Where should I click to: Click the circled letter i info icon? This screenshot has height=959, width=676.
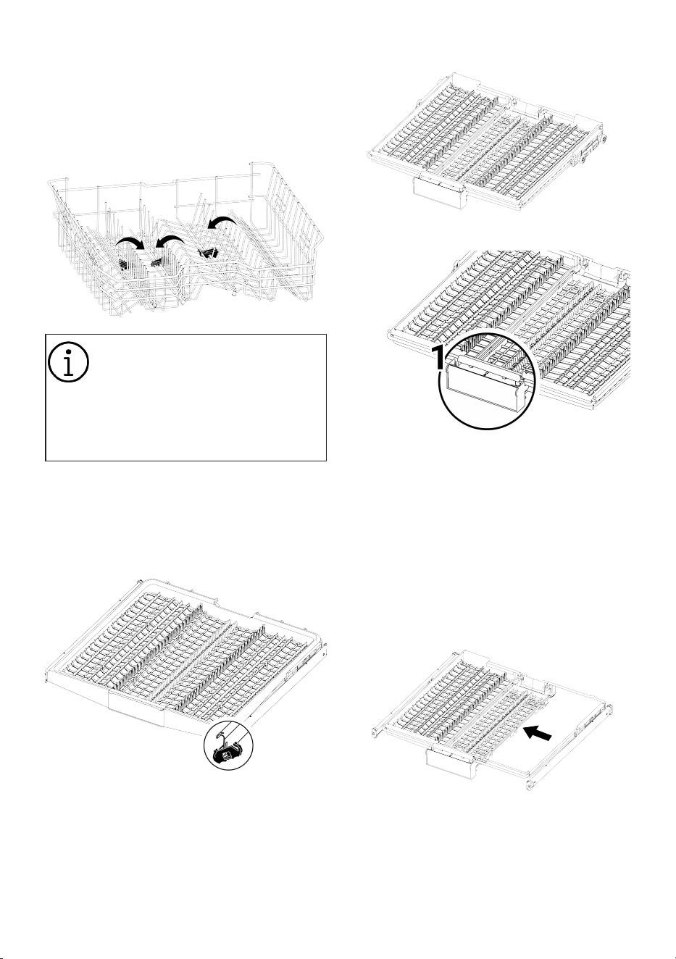pos(69,362)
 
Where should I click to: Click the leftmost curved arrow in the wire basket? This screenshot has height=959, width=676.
pos(130,243)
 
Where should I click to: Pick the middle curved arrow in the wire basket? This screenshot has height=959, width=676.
pos(170,241)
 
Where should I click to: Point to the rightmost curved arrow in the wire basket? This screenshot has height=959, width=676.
pos(220,224)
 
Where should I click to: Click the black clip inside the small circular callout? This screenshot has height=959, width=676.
pos(228,755)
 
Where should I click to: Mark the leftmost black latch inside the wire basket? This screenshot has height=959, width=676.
pos(125,265)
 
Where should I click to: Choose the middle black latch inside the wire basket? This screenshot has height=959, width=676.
pos(159,260)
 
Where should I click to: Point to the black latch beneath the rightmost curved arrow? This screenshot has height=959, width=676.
pos(208,253)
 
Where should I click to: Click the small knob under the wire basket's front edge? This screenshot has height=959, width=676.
pos(234,293)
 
